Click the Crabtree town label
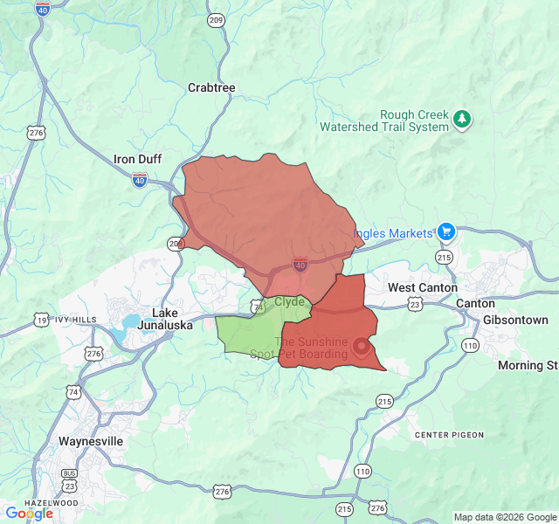point(211,87)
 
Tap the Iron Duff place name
point(138,159)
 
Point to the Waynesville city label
point(91,441)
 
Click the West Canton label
point(423,287)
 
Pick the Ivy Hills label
point(77,320)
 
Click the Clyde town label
point(290,302)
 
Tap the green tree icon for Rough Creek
point(463,120)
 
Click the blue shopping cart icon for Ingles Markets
point(446,232)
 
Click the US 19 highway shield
point(41,321)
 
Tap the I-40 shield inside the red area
point(300,265)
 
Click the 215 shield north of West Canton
point(445,258)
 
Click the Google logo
point(29,514)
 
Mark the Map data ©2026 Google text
point(504,517)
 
